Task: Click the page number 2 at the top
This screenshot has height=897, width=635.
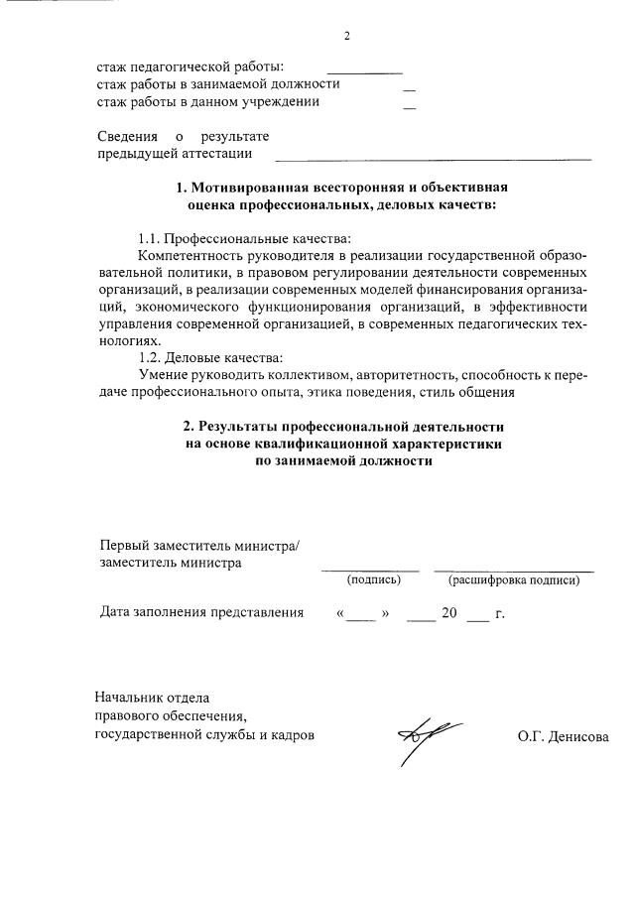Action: tap(347, 37)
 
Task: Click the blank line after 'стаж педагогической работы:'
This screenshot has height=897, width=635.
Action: tap(364, 73)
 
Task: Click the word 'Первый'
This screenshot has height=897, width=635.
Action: tap(125, 545)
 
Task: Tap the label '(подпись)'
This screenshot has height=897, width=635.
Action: tap(373, 579)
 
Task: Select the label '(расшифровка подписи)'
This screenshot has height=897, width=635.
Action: tap(513, 579)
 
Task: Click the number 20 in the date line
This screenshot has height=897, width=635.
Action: tap(448, 613)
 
